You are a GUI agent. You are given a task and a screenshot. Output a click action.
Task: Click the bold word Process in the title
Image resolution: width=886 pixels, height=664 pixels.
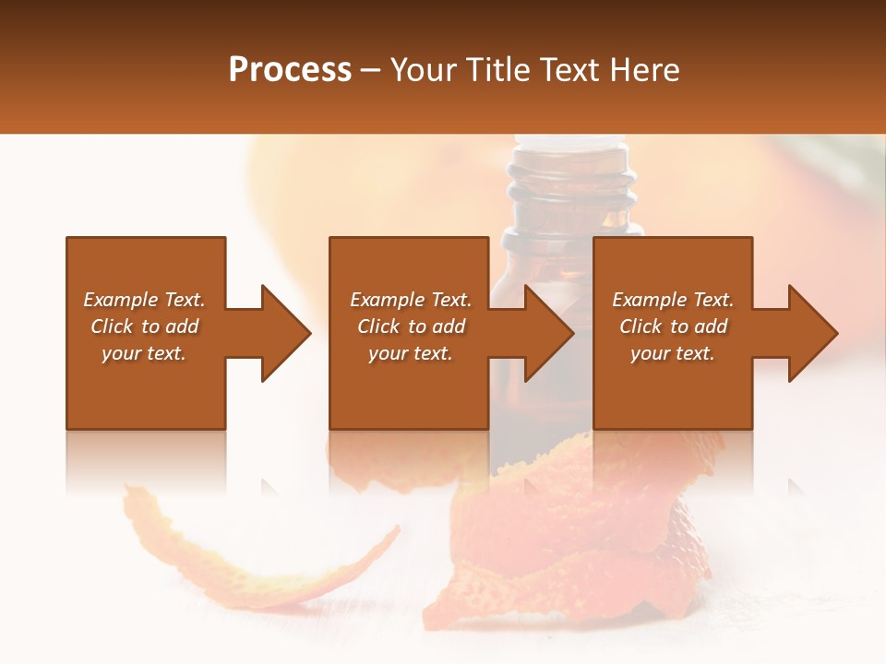[290, 70]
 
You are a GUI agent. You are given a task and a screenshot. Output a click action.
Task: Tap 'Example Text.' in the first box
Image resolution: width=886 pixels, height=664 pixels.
[144, 300]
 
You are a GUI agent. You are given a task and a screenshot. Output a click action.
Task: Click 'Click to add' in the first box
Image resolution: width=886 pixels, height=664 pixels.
[144, 326]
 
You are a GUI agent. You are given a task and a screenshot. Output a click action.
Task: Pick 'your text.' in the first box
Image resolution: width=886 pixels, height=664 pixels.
[144, 353]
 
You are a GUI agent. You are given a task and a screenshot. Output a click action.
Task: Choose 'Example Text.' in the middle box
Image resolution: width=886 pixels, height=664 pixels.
[410, 300]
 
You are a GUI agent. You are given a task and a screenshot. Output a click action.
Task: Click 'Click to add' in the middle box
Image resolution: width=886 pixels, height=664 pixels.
[410, 326]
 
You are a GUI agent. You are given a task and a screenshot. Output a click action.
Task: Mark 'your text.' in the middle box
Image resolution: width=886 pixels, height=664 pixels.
[410, 353]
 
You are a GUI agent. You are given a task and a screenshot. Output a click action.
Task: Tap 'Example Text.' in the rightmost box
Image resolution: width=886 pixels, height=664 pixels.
[673, 300]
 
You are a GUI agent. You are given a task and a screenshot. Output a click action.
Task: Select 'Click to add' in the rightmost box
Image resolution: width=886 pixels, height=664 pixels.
[673, 326]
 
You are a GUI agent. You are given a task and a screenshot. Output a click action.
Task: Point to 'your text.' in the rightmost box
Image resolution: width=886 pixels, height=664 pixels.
[673, 353]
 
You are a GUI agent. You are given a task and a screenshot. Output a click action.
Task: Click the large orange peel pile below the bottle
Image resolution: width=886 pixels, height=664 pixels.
[572, 544]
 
